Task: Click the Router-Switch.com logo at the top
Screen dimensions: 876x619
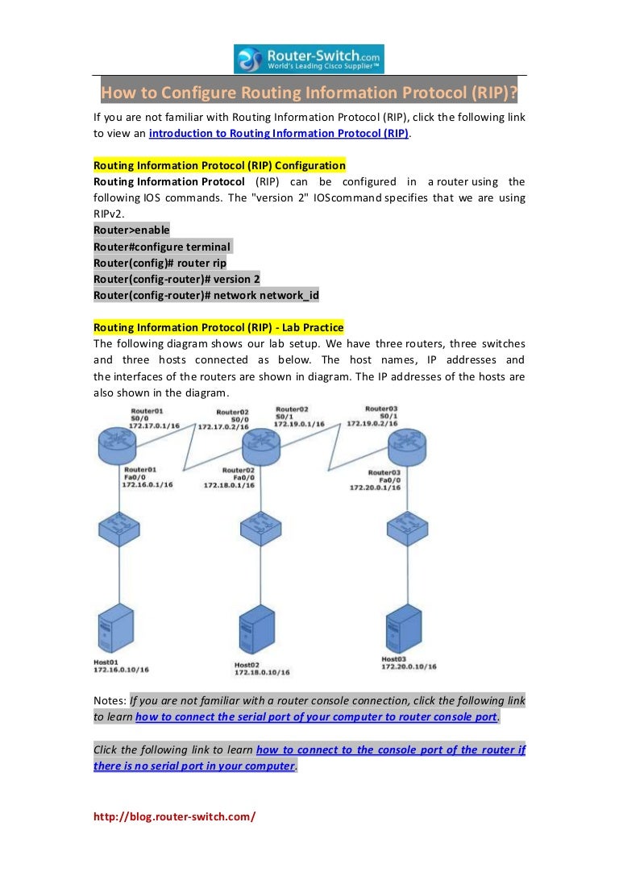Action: [x=309, y=59]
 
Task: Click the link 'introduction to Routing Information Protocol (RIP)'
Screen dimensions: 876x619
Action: [x=279, y=133]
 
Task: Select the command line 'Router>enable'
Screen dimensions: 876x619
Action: [x=131, y=230]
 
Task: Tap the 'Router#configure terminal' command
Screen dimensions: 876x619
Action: [x=162, y=247]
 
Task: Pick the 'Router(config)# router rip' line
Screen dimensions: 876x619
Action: [x=160, y=263]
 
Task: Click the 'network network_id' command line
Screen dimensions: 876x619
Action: [x=206, y=295]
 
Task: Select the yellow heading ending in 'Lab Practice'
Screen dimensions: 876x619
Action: [x=218, y=327]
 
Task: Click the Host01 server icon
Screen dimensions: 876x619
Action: [x=114, y=628]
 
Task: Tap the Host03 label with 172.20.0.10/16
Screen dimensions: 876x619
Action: [x=409, y=663]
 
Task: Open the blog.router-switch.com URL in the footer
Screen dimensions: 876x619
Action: [x=174, y=816]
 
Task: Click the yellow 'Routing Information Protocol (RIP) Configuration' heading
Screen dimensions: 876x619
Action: [x=219, y=165]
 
